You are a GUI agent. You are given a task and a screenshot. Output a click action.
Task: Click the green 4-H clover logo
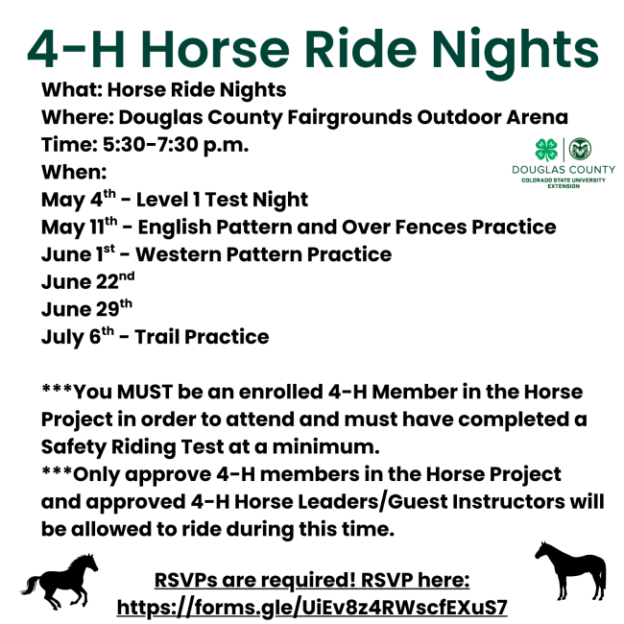546,150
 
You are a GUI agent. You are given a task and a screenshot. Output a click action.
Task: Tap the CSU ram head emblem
580,149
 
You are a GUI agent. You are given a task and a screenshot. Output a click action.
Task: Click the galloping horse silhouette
60,581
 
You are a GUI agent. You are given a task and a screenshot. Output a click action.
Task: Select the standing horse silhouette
570,570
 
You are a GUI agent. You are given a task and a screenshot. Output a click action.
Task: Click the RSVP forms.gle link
312,608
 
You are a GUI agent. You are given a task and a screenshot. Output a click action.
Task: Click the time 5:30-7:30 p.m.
176,144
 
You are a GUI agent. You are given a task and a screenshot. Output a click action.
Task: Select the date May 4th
79,199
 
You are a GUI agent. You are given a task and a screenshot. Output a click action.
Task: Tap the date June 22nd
88,281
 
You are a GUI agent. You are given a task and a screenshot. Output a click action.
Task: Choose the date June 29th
86,308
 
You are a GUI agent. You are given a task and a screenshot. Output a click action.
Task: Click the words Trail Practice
202,337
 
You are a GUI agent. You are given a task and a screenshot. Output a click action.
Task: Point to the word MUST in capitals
145,392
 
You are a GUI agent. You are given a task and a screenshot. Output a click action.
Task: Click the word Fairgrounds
349,117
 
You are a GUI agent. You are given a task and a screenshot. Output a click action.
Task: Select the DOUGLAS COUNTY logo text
564,170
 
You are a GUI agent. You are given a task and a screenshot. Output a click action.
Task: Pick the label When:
74,172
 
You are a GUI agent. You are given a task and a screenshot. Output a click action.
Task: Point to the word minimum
326,446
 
